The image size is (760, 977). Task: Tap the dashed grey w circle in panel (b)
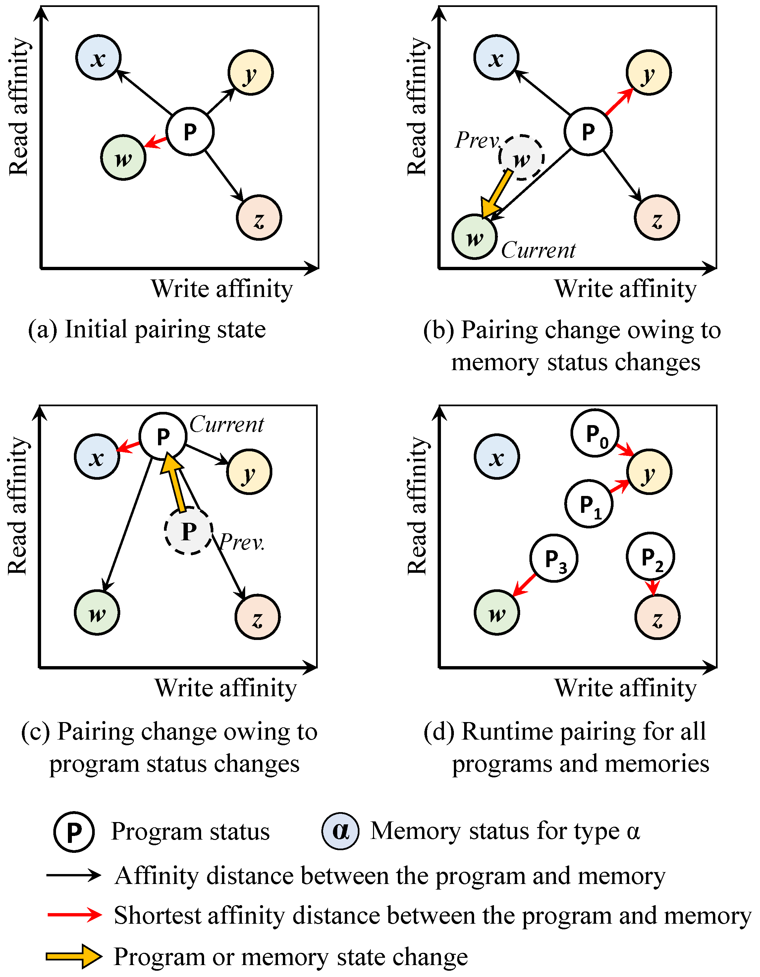[521, 158]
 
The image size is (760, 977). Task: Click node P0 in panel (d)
[595, 433]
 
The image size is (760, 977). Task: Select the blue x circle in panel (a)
[98, 58]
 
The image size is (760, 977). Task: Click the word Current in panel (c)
[227, 424]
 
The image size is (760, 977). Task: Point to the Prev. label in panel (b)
[477, 140]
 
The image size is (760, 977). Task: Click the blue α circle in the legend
[340, 831]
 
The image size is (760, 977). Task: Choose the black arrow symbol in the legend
[74, 875]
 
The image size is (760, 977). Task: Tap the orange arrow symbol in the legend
[74, 956]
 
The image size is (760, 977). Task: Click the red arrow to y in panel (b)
[619, 102]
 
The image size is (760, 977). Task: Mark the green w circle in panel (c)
[97, 612]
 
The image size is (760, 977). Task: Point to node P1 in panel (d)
[589, 504]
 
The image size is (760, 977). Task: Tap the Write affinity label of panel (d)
[625, 688]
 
